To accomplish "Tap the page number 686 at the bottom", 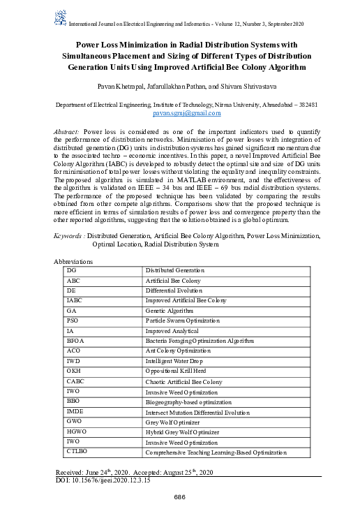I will click(x=179, y=496).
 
